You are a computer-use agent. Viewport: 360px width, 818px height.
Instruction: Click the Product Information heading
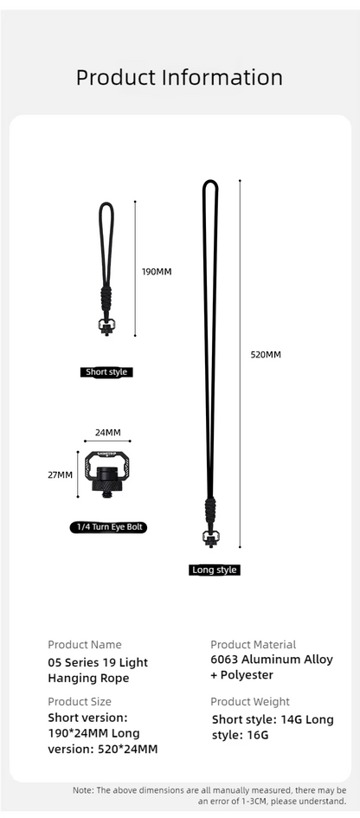(179, 77)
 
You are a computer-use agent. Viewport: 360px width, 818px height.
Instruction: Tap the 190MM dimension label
(157, 272)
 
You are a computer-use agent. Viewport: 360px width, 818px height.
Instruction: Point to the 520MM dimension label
(266, 355)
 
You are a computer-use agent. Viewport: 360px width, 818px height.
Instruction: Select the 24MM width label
(108, 433)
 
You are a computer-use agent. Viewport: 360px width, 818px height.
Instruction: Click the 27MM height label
(60, 474)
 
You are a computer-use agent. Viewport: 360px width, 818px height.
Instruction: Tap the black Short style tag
(106, 372)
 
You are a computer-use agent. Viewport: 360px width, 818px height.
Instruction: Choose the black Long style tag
(214, 570)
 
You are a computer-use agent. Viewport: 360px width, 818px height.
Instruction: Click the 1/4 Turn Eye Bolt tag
(108, 527)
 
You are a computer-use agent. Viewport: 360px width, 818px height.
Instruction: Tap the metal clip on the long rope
(210, 538)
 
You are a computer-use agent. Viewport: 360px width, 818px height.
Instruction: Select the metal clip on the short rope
(106, 326)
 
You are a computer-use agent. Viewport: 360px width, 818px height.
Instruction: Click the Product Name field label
(85, 645)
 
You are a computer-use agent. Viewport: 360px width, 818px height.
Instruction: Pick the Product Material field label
(253, 645)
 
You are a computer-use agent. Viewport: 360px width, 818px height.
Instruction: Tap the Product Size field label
(80, 702)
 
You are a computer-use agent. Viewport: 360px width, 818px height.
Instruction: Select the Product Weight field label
(250, 702)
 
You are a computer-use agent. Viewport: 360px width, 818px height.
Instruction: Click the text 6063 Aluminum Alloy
(271, 660)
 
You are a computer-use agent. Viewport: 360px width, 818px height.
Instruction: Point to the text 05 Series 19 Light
(98, 663)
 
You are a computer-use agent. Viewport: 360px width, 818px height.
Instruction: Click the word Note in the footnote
(82, 789)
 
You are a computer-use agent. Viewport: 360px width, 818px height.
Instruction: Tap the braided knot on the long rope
(210, 512)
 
